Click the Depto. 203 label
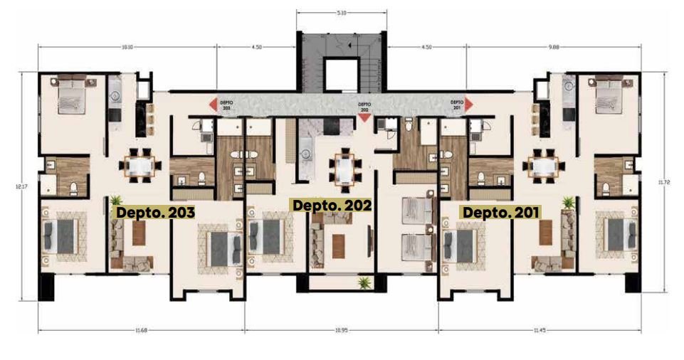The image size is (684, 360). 155,212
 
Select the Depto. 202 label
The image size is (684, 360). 332,205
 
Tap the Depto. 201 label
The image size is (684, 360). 501,212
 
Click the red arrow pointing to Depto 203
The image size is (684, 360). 214,105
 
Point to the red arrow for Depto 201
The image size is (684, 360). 468,105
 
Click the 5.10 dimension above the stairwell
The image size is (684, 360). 342,13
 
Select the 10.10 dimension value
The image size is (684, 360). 127,47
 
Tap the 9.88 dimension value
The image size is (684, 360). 554,47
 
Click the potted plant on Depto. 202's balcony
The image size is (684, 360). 364,282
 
